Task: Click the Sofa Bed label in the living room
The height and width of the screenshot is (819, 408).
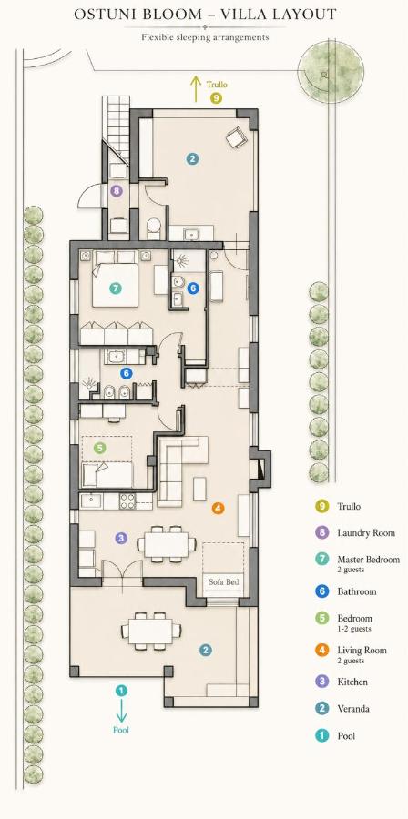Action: [x=224, y=581]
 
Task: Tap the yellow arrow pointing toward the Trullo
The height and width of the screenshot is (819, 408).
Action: [x=196, y=88]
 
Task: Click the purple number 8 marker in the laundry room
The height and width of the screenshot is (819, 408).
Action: [x=116, y=191]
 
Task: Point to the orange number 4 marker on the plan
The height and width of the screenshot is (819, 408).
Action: [x=218, y=507]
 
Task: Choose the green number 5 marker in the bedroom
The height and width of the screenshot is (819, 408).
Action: [x=100, y=448]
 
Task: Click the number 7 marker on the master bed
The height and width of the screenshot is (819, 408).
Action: [x=116, y=288]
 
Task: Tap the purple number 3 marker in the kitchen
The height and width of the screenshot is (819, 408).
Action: [x=121, y=538]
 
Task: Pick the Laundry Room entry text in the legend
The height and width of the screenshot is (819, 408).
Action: [x=366, y=533]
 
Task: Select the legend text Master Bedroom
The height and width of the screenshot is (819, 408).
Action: [x=368, y=560]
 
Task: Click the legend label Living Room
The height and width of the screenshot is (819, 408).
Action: [x=362, y=651]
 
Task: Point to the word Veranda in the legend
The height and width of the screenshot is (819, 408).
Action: [x=353, y=709]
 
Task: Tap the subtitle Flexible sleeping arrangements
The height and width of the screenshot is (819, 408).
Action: [x=205, y=37]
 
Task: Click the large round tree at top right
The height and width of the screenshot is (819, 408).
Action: [x=331, y=69]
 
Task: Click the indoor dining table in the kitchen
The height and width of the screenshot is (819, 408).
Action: [x=168, y=544]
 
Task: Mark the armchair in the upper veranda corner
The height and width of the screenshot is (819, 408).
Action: [x=235, y=138]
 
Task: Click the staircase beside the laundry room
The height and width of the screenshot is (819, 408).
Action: [x=116, y=128]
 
